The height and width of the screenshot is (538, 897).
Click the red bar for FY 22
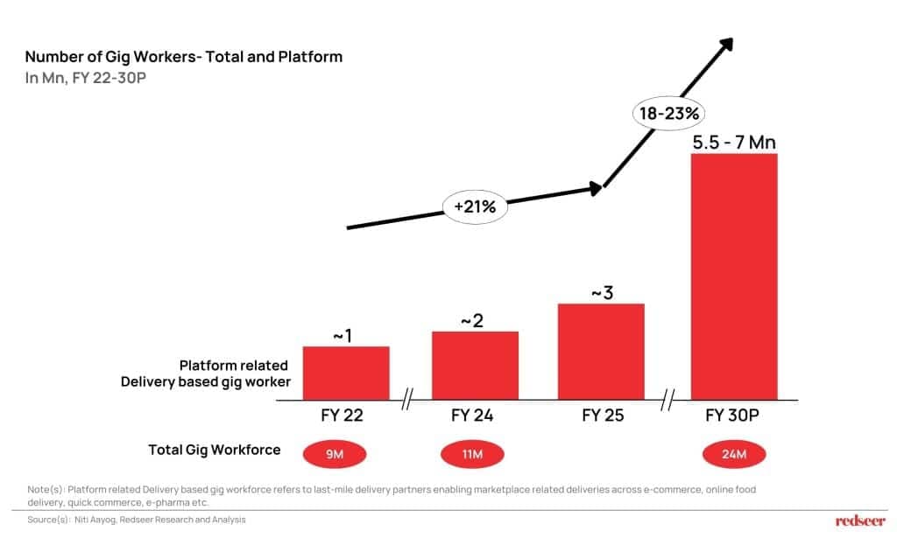pos(346,373)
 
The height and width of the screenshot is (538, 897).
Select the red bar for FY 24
pos(475,366)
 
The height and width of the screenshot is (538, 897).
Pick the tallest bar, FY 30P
pos(734,276)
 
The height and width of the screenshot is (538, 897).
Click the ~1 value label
pos(342,334)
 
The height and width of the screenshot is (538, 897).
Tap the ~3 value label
pos(602,292)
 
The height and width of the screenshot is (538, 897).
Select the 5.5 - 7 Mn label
pos(734,142)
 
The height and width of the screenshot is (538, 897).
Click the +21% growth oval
pos(476,207)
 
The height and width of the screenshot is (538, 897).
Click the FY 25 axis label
pos(603,416)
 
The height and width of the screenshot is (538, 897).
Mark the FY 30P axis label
pos(734,416)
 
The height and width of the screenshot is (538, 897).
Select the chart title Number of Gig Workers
pos(184,57)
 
